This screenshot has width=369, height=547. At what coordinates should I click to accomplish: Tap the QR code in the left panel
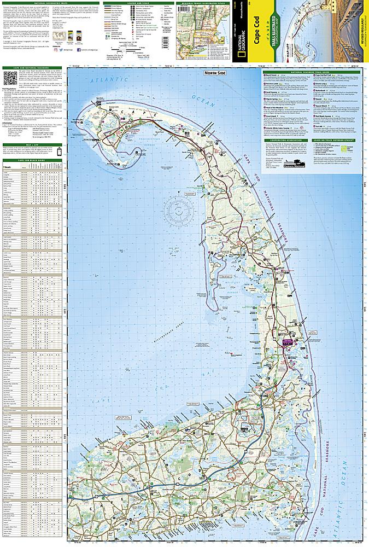pos(11,78)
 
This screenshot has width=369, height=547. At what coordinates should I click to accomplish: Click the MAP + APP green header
pos(33,145)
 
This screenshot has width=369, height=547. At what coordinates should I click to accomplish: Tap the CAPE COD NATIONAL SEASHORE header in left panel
pos(33,68)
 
